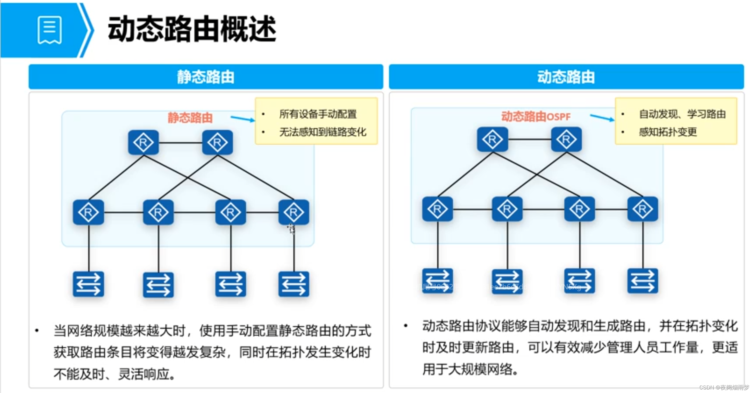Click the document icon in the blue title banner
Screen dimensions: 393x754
point(49,30)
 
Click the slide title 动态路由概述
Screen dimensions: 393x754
point(192,29)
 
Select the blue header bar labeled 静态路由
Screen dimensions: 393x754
point(205,76)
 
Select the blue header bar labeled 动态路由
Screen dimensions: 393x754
point(566,76)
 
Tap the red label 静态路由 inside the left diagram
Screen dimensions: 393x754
point(190,118)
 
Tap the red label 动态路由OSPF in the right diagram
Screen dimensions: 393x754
point(536,116)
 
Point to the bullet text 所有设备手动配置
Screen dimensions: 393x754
point(318,114)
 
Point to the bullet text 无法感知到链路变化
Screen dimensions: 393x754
point(323,132)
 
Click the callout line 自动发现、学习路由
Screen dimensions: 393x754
point(682,114)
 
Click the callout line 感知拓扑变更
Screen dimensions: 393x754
point(668,132)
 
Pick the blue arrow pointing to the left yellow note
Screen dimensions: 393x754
point(242,119)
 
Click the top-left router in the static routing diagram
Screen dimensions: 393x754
point(143,142)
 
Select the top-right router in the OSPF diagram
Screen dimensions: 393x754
point(566,139)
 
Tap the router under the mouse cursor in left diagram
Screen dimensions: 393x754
point(294,212)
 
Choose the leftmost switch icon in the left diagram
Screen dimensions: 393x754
point(88,284)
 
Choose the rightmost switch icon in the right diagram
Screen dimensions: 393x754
point(642,281)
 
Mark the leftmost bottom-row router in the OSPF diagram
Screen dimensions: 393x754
point(437,209)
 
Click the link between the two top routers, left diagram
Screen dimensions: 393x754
point(181,143)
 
